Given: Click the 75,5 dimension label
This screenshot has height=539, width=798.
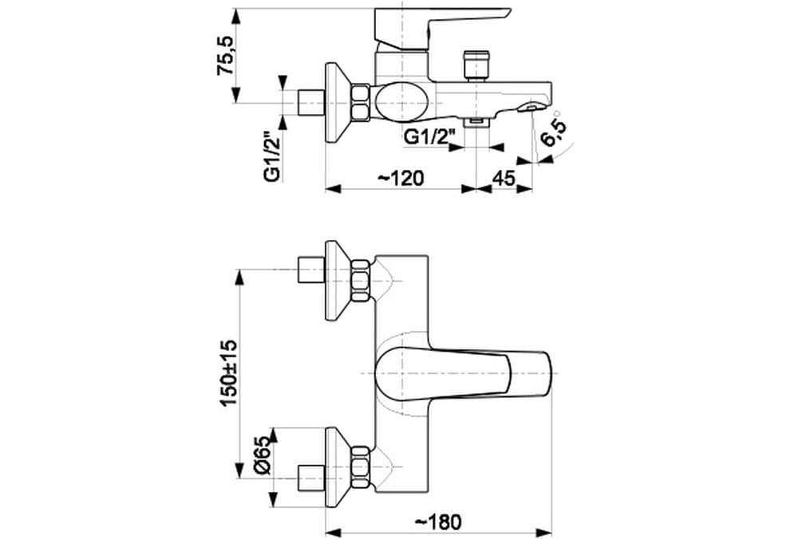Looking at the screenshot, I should (x=228, y=55).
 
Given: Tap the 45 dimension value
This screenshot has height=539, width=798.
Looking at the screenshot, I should (x=503, y=178).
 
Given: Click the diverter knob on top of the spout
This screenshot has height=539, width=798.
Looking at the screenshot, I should (x=476, y=63).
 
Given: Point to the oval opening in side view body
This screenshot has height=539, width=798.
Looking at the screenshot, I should (x=401, y=102).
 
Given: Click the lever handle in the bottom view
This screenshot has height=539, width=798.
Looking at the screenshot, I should (x=463, y=373).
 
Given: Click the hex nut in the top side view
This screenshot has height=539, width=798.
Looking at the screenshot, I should (x=361, y=102).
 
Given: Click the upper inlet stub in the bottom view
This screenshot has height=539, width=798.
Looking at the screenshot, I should (x=310, y=270).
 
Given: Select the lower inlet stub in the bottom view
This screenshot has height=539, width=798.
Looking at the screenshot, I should (x=310, y=476).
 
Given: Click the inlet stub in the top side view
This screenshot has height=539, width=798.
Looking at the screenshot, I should (x=310, y=102).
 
